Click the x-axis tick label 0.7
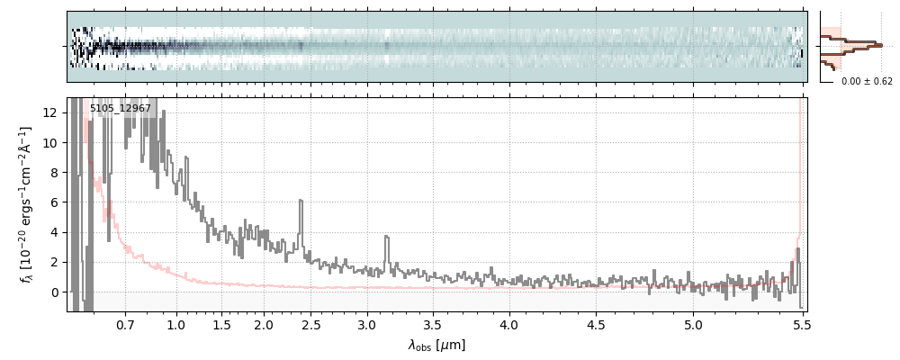point(125,323)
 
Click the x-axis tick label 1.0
point(176,323)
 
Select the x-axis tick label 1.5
point(220,323)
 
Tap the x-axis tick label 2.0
point(263,323)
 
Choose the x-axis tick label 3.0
point(366,323)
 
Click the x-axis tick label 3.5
point(432,323)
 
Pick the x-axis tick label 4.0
point(509,323)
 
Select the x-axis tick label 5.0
point(693,323)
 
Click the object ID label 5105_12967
point(121,109)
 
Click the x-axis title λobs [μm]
point(436,345)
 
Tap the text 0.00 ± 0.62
point(867,81)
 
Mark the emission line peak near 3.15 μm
point(387,237)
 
